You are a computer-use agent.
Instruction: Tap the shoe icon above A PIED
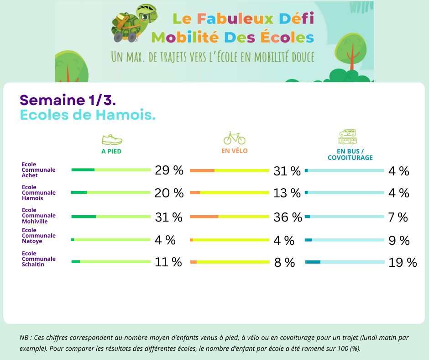tap(112, 139)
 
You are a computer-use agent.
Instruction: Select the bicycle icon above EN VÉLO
tap(234, 138)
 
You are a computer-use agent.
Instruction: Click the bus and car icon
tap(348, 137)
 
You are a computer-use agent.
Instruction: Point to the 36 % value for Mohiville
tap(288, 217)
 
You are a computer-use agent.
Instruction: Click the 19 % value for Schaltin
tap(403, 262)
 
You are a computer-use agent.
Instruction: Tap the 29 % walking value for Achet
tap(169, 170)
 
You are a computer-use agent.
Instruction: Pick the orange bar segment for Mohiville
tap(204, 217)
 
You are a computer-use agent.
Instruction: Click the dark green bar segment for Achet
tap(83, 170)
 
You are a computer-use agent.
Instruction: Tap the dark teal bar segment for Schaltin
tap(313, 262)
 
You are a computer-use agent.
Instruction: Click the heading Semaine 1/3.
tap(65, 100)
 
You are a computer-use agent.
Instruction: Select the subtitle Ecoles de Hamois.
tap(88, 115)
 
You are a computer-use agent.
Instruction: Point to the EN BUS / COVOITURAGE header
tap(350, 154)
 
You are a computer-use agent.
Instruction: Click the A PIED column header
tap(111, 151)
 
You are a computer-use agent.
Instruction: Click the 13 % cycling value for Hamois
tap(287, 193)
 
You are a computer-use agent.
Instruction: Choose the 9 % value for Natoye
tap(398, 240)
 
